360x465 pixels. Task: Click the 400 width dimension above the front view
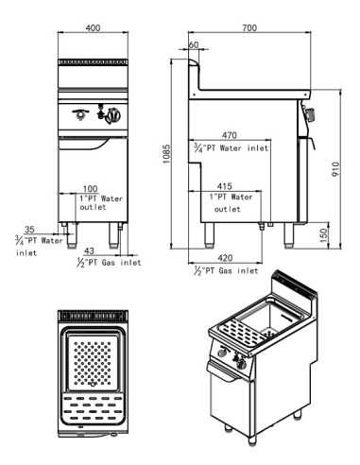coord(93,29)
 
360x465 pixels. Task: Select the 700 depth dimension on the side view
coord(249,29)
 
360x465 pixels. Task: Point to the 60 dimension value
coord(193,44)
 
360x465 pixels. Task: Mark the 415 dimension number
coord(225,185)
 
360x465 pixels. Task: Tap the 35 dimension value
coord(30,229)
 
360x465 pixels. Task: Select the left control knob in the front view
coord(82,116)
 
